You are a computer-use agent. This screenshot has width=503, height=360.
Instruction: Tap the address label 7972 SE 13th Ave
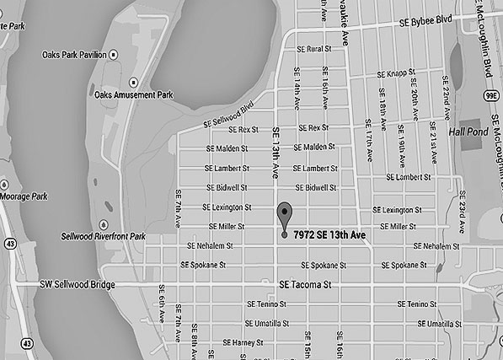point(329,234)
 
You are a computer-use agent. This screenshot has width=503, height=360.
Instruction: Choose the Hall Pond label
point(468,132)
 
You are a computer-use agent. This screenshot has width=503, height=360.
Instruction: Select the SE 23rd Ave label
point(462,216)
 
